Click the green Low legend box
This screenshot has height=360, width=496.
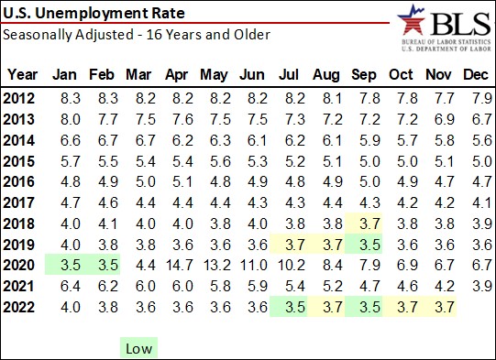click(x=138, y=347)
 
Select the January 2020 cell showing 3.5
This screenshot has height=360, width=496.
click(x=64, y=265)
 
